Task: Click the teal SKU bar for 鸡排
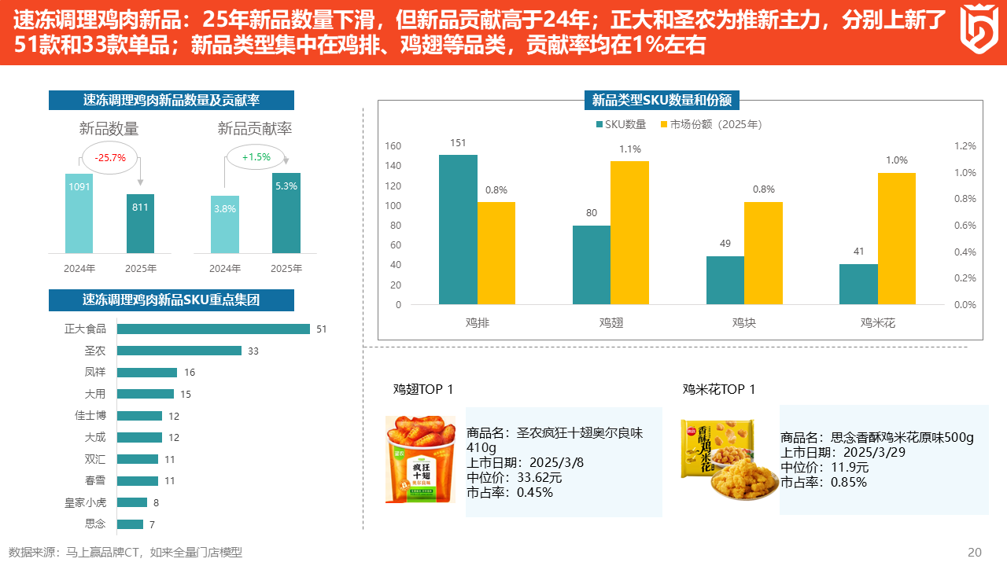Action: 458,230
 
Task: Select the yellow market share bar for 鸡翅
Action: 629,233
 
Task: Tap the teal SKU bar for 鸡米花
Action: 858,284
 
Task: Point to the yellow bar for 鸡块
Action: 763,253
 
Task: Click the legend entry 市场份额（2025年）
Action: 710,124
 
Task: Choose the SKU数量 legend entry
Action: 621,124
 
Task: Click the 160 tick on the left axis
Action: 393,146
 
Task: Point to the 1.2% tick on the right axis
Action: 965,146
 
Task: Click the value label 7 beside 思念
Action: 152,524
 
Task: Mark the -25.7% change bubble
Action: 110,158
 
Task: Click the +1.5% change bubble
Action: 256,157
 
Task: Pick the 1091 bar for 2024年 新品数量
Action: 79,213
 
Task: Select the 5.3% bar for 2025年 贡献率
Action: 286,213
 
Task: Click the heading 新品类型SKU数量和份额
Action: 662,100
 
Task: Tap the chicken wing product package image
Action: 420,460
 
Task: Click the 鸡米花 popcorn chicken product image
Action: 718,460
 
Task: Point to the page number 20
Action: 974,552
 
